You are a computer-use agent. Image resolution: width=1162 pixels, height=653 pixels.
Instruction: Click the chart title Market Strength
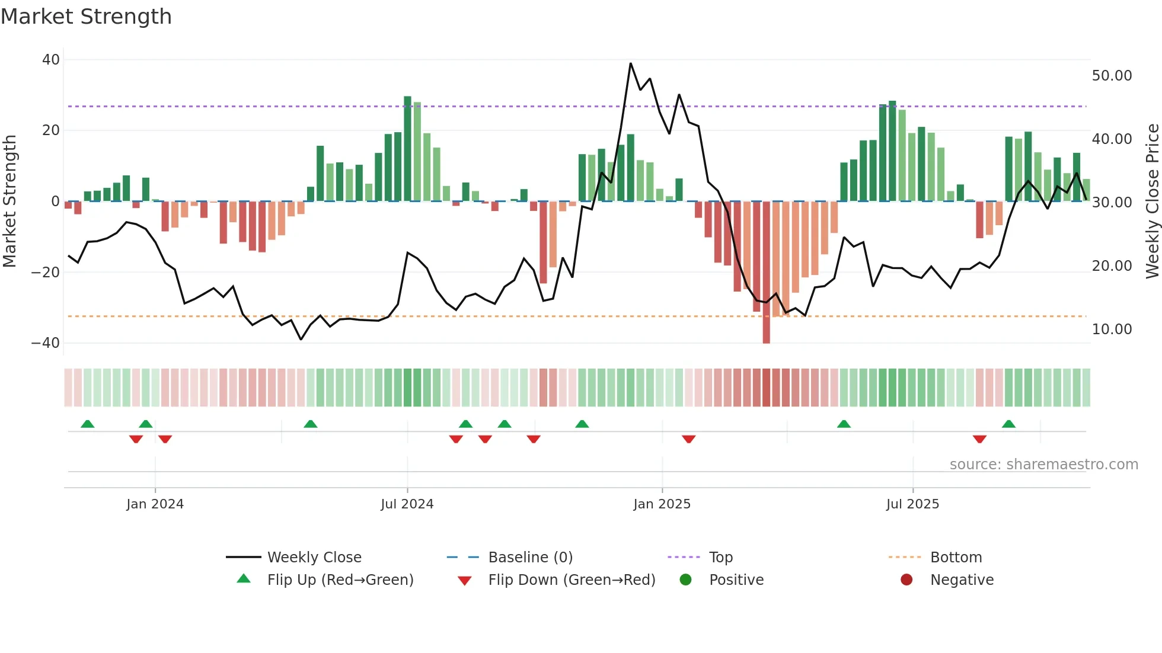86,17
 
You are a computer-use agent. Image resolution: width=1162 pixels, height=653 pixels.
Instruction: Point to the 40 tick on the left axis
51,60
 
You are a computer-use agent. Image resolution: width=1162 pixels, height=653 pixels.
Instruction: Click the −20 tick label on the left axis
46,273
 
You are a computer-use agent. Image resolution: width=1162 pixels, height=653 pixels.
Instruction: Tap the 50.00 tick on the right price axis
1112,76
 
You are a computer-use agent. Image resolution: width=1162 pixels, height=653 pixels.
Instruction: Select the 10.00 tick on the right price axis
1112,329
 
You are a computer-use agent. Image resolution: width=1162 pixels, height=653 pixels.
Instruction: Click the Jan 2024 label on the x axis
155,504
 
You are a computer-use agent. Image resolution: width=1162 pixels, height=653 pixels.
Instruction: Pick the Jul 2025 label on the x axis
912,504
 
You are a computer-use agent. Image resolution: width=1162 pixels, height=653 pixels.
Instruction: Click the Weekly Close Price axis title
1152,201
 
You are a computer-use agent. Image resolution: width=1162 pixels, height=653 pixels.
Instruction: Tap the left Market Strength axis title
10,201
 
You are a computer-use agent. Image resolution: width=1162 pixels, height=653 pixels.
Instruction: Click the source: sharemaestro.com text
1043,465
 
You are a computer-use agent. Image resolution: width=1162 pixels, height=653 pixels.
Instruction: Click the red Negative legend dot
906,580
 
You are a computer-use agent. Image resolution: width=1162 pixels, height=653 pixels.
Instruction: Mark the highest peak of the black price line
630,63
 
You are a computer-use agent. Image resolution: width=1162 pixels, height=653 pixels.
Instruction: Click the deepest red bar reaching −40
766,273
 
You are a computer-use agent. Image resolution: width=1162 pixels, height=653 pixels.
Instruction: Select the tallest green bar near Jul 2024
407,148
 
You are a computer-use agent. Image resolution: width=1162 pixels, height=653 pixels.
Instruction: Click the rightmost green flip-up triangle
1008,424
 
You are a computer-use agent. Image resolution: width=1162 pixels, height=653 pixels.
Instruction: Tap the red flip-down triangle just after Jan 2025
688,439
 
